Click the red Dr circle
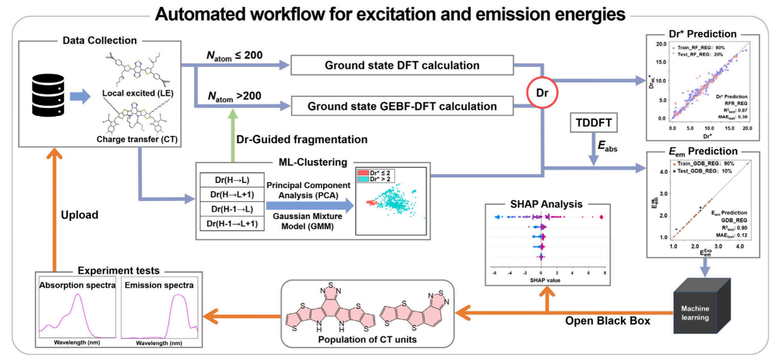tap(542, 93)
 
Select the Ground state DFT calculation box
tap(402, 65)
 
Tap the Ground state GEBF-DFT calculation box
tap(402, 106)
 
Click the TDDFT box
tap(594, 123)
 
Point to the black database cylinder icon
tap(48, 95)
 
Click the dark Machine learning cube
tap(698, 307)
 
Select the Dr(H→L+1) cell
tap(232, 195)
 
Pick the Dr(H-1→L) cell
tap(232, 209)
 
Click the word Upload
tap(79, 215)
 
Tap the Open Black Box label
tap(607, 321)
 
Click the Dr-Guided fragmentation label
tap(302, 140)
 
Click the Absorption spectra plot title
tap(77, 285)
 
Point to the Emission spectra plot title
tap(159, 285)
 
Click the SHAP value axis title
tap(545, 280)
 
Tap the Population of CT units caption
tap(367, 340)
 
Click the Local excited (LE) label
tap(138, 93)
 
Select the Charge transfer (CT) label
tap(137, 139)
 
